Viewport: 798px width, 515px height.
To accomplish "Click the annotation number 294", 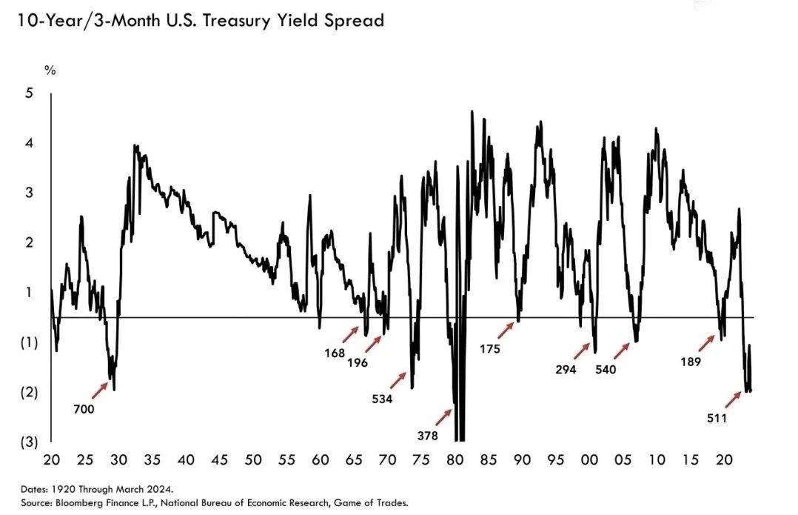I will tap(566, 369).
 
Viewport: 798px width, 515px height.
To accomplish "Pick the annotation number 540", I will tap(606, 369).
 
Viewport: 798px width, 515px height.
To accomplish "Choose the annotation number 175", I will tap(491, 348).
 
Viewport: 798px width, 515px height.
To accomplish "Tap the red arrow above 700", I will tap(98, 388).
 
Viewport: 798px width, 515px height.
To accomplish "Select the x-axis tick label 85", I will tap(489, 460).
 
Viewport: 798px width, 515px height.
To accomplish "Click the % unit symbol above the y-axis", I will tap(50, 70).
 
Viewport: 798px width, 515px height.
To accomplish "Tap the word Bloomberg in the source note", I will tap(75, 502).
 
